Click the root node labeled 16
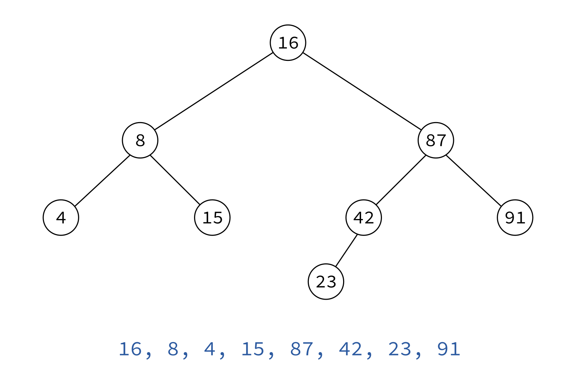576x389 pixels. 288,43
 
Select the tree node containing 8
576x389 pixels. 140,140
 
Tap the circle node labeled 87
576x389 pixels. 436,140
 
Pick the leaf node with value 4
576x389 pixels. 61,218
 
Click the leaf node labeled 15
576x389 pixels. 212,218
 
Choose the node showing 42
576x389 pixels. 364,218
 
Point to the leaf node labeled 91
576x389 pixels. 515,218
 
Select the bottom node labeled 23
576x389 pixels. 326,281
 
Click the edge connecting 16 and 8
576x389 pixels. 214,91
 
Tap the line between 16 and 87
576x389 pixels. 362,91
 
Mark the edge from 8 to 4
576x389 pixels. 102,181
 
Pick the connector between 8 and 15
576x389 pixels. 175,180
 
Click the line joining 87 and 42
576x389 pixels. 401,180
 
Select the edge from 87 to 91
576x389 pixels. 474,181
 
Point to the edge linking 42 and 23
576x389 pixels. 346,251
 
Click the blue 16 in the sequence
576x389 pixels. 130,349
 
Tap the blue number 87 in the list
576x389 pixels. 302,349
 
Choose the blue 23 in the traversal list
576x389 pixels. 399,349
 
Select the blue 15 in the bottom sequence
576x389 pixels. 253,349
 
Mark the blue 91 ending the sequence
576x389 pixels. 449,349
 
